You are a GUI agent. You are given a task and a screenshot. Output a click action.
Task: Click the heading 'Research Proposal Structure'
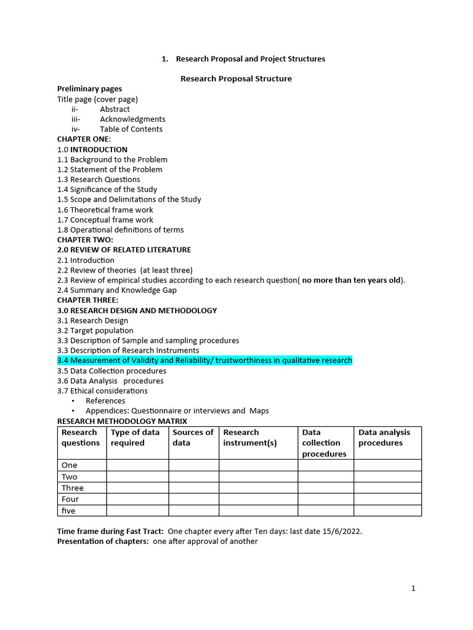[x=236, y=79]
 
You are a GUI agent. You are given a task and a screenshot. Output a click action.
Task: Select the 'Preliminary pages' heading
[x=89, y=89]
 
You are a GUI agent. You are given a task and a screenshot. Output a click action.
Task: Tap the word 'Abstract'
[x=115, y=109]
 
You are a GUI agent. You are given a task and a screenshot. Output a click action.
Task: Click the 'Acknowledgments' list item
[x=132, y=119]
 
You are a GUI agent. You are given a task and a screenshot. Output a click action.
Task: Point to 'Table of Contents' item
[x=131, y=129]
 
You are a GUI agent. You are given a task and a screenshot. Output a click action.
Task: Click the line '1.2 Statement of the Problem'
[x=110, y=169]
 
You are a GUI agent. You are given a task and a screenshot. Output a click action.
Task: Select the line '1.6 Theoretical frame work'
[x=105, y=210]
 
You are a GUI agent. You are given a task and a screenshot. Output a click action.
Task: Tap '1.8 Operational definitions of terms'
[x=120, y=229]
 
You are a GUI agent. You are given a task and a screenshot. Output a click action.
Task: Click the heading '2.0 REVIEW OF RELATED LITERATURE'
[x=124, y=250]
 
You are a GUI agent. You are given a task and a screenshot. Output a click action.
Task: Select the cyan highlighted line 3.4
[x=204, y=361]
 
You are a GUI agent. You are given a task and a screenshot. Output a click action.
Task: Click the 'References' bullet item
[x=105, y=401]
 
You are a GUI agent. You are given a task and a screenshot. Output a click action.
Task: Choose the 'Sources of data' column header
[x=193, y=437]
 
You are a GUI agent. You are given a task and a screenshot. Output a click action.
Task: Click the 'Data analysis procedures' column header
[x=384, y=437]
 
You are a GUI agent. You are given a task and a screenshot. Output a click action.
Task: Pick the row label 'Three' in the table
[x=72, y=488]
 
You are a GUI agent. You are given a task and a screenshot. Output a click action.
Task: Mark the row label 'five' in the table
[x=68, y=511]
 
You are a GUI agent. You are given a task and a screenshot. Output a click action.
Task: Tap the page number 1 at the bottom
[x=413, y=588]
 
